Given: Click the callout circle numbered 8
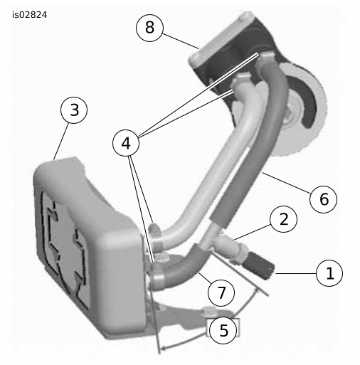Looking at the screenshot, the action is click(149, 28).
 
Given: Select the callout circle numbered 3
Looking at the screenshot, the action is click(74, 110).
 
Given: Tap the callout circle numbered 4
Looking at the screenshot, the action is click(126, 143).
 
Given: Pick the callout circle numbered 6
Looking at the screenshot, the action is click(323, 199).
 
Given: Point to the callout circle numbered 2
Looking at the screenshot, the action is click(283, 219).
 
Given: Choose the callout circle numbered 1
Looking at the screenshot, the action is click(329, 273).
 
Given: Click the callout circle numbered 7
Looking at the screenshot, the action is click(221, 292).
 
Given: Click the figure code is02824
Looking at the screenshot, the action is click(30, 15).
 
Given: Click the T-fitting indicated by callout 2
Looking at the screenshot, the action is click(229, 247).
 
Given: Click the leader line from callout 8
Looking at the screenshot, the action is click(181, 41).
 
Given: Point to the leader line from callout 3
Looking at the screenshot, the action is click(61, 141).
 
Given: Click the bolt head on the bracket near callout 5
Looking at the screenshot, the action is click(208, 310).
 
